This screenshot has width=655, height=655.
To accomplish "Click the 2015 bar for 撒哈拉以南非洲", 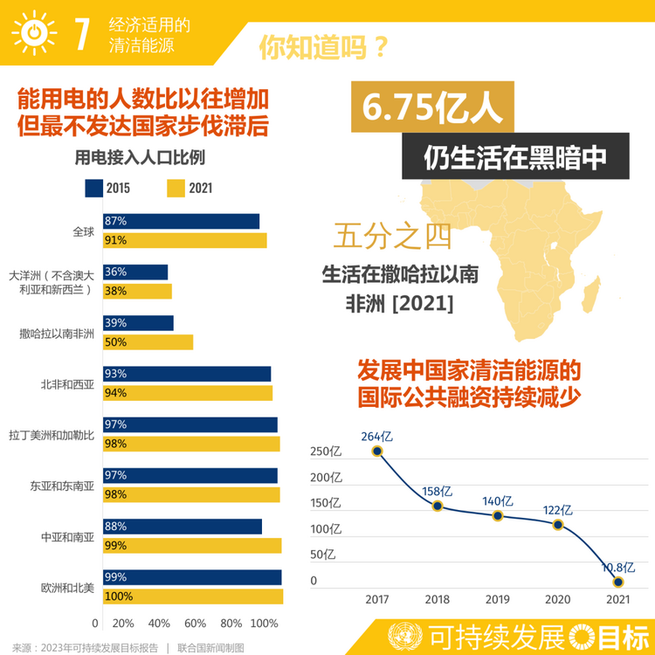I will click(x=138, y=323).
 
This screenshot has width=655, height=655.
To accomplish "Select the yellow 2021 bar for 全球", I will click(x=184, y=240).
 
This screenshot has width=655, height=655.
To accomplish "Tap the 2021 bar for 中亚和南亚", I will click(x=192, y=546).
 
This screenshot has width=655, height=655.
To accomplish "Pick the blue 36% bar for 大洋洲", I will click(x=135, y=272).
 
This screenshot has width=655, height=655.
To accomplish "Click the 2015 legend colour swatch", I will click(x=93, y=188).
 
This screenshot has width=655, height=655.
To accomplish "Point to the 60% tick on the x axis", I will click(x=195, y=624).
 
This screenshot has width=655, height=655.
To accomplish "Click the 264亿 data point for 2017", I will click(x=377, y=451).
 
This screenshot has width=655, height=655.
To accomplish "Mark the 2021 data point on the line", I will click(x=618, y=582).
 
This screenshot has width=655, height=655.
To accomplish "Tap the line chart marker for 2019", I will click(x=498, y=515).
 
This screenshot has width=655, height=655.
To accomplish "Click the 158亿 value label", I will click(x=437, y=490).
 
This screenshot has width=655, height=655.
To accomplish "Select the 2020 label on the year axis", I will click(x=558, y=600).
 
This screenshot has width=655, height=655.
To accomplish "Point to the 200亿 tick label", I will click(x=326, y=477).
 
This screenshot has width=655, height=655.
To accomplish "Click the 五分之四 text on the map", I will click(x=382, y=236).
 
